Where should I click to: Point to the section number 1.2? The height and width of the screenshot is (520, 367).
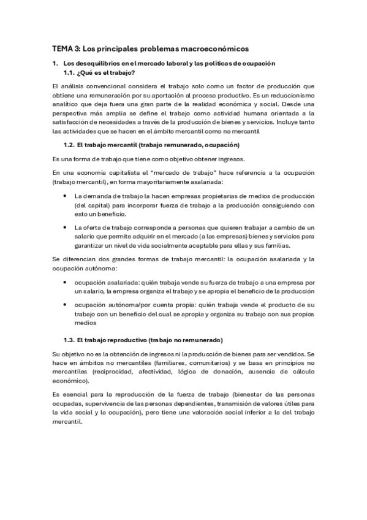click(69, 145)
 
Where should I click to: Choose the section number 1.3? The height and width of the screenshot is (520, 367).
click(69, 340)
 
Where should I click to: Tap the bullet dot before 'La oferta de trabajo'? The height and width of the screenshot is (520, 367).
click(66, 227)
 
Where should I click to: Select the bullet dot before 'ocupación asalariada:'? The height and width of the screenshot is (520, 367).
click(66, 282)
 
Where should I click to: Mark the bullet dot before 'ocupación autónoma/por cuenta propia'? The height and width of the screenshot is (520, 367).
click(66, 305)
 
